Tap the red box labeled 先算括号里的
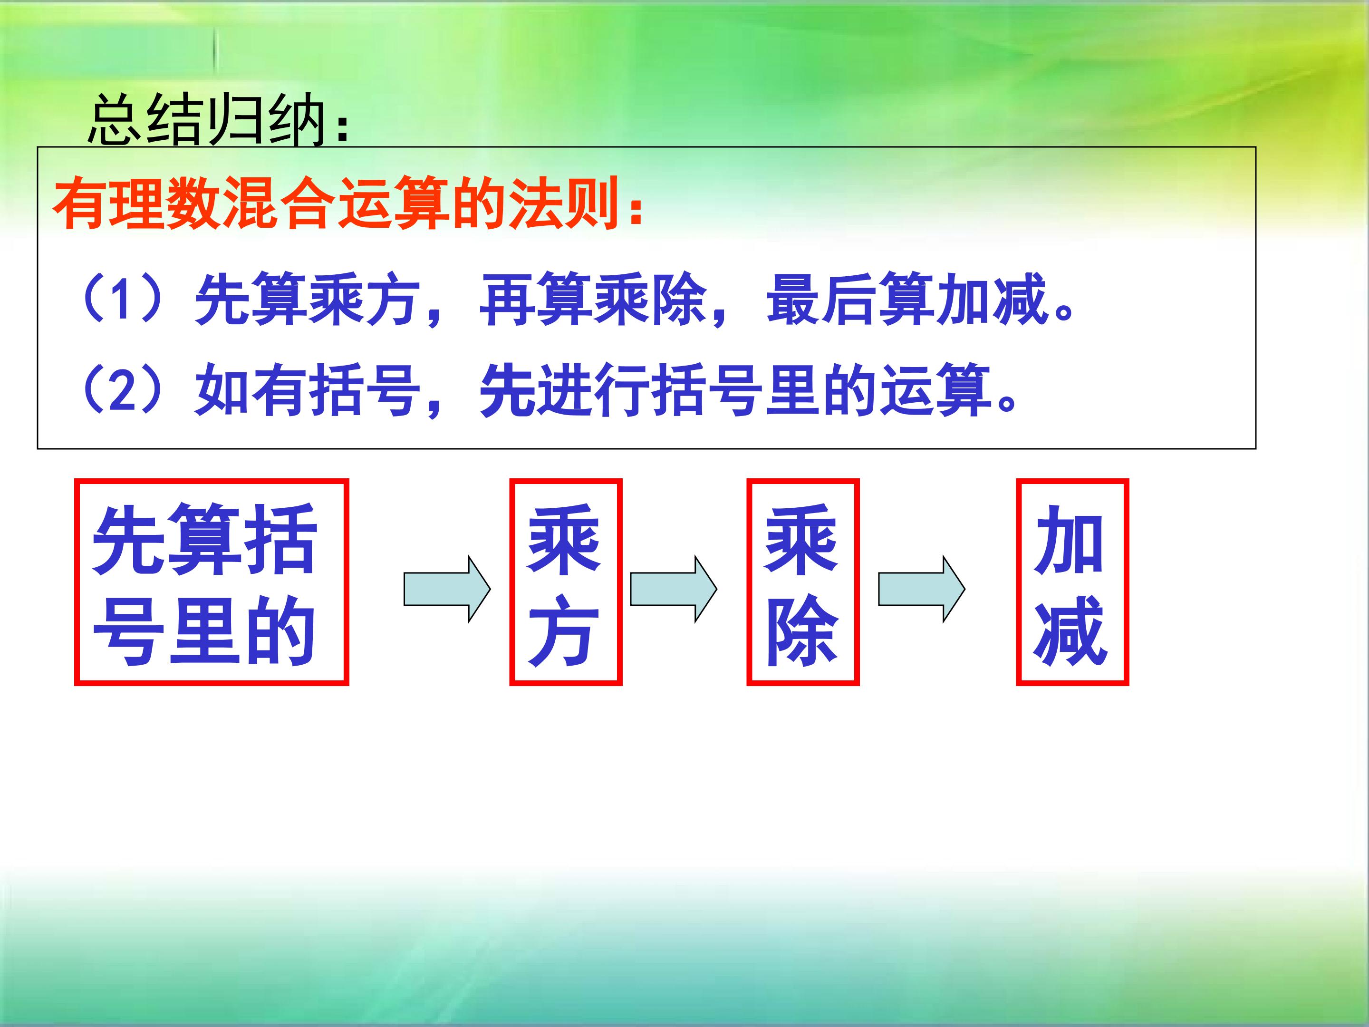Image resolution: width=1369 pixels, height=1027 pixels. pos(212,582)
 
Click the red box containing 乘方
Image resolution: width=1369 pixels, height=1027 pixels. pos(566,582)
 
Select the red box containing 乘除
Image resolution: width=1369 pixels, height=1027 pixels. pos(803,582)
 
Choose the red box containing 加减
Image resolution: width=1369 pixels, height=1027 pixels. pos(1072,582)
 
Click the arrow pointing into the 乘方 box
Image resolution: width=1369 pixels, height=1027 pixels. pos(447,589)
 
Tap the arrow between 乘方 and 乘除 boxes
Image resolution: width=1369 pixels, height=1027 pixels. pos(674,589)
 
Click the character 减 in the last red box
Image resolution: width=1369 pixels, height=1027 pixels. pos(1070,631)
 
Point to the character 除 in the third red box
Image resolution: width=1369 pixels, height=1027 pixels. pos(802,631)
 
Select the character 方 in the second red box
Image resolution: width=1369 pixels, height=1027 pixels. pos(564,631)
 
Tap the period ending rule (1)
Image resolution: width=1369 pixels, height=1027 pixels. pos(1063,312)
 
